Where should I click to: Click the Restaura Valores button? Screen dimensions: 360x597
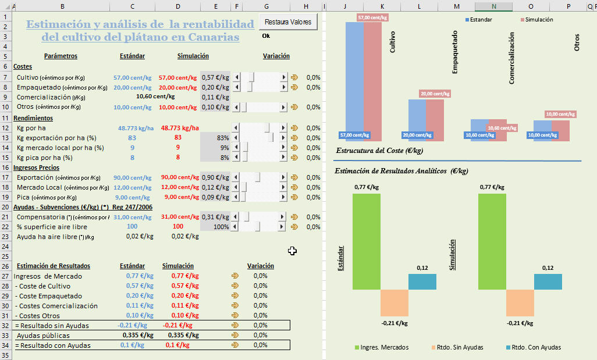click(288, 22)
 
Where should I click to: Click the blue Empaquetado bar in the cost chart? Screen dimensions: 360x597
click(417, 119)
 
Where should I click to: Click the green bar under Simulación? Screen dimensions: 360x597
click(492, 241)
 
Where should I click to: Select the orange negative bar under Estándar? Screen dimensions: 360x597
click(395, 302)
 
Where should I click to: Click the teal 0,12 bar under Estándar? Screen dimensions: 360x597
click(422, 281)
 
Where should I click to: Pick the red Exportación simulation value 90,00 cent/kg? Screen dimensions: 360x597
click(179, 177)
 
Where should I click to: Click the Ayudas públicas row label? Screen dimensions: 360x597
click(43, 336)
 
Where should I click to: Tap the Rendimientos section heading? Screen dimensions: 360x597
click(33, 118)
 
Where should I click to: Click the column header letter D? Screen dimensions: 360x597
click(177, 6)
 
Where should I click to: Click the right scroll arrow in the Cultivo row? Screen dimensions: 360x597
click(284, 77)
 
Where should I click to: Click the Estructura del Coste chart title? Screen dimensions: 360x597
click(379, 151)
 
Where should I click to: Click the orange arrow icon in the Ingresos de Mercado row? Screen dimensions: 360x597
click(235, 276)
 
